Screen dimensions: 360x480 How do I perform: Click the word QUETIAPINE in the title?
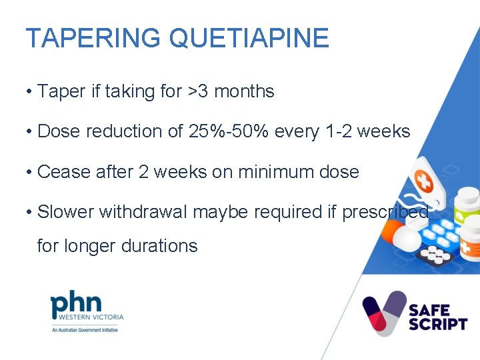pyautogui.click(x=249, y=38)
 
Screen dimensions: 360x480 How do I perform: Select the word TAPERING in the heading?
pyautogui.click(x=93, y=38)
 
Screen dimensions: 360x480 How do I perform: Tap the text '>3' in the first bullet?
pyautogui.click(x=199, y=91)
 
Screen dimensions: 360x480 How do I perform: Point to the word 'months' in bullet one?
pyautogui.click(x=246, y=91)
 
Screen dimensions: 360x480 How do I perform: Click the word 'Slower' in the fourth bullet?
pyautogui.click(x=66, y=213)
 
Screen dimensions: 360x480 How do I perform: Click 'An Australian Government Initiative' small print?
pyautogui.click(x=84, y=330)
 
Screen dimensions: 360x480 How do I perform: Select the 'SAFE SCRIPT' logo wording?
pyautogui.click(x=438, y=317)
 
